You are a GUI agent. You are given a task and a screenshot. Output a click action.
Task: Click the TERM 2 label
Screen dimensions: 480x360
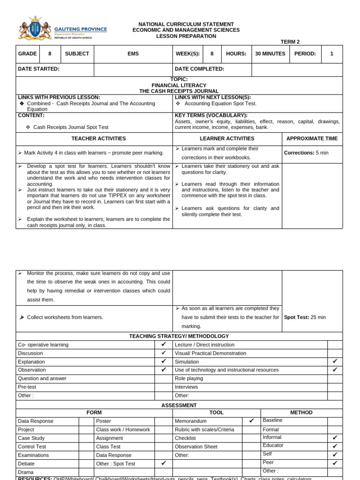pos(290,42)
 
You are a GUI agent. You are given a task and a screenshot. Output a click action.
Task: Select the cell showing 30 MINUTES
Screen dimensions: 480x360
pos(270,54)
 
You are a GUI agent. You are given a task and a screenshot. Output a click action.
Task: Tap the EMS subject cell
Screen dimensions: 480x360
pos(133,54)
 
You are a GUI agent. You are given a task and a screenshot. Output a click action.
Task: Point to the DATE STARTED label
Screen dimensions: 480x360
pos(39,69)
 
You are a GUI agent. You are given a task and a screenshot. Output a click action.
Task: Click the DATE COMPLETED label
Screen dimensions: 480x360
pos(200,69)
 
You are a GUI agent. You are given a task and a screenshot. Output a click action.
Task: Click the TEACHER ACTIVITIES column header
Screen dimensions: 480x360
pos(98,139)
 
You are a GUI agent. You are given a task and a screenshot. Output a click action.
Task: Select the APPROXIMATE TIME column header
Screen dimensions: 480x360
pos(312,139)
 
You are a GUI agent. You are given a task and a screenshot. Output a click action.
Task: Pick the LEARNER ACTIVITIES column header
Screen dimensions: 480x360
pos(227,139)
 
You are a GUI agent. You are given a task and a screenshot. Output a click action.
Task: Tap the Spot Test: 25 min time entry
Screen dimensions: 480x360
pos(305,317)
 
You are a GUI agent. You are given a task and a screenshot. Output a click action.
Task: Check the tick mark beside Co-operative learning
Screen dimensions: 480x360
pos(164,345)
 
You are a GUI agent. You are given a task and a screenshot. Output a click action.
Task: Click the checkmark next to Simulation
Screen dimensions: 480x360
pos(335,361)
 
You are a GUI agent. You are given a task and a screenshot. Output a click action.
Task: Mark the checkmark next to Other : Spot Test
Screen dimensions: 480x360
pos(164,463)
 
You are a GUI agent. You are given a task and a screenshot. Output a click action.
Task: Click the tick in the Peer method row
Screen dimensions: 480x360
pos(335,463)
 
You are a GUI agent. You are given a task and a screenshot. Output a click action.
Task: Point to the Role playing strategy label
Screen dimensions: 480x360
pos(189,378)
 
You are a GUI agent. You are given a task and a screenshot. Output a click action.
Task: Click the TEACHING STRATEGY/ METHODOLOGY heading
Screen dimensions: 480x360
pos(179,336)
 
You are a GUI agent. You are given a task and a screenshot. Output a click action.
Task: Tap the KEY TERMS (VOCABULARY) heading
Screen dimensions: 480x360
pos(211,115)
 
